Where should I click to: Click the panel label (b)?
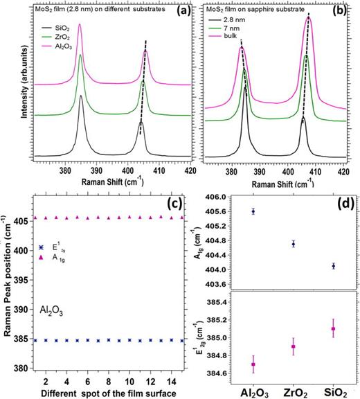pyautogui.click(x=345, y=13)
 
